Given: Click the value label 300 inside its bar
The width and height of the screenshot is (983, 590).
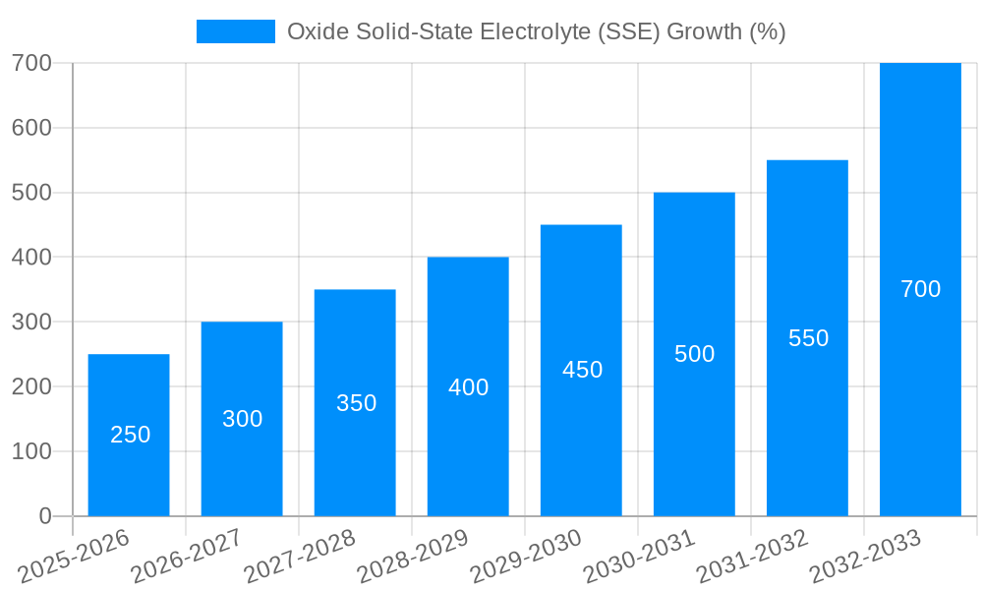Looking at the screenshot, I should point(243,419).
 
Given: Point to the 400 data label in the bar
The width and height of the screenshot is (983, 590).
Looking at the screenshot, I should point(468,387).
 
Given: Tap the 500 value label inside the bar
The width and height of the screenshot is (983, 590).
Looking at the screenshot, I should point(694,354).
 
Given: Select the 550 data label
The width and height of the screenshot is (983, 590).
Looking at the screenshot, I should point(808,338).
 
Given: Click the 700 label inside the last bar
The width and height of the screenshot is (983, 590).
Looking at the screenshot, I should point(920,289).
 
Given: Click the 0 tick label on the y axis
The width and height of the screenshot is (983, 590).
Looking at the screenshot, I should point(44,516).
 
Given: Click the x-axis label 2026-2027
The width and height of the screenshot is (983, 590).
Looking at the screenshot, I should point(187,556).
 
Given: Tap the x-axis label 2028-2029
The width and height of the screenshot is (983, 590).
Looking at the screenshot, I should point(413,556).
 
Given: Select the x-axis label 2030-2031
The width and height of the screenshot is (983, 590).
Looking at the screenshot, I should point(639,556).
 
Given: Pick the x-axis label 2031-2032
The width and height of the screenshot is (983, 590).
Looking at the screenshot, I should point(752,556).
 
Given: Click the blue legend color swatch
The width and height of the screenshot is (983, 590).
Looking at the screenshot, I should point(236,31).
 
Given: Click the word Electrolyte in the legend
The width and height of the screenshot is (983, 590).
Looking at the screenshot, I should point(535,31).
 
